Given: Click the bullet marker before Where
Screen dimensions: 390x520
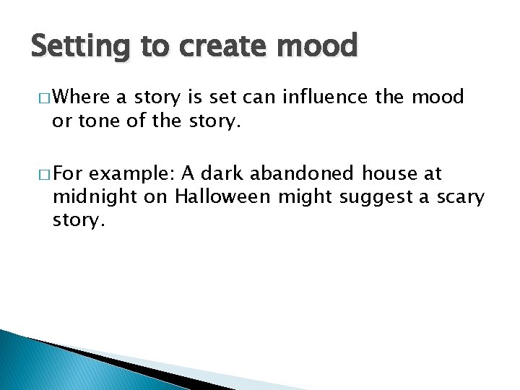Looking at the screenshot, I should (39, 97).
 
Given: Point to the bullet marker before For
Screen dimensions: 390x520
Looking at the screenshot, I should (39, 174).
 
